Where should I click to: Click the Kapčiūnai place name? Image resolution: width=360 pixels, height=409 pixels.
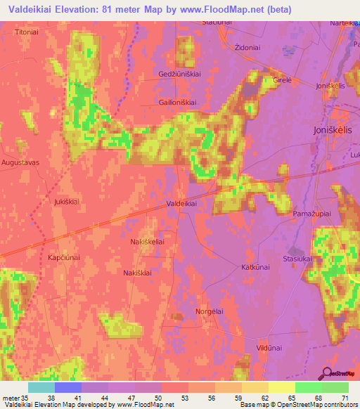tap(63, 258)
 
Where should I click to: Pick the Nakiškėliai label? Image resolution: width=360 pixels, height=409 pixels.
tap(148, 242)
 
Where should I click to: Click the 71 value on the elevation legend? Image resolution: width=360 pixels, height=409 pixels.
tap(345, 397)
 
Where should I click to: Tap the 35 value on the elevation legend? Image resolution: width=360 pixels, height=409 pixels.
tap(18, 397)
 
